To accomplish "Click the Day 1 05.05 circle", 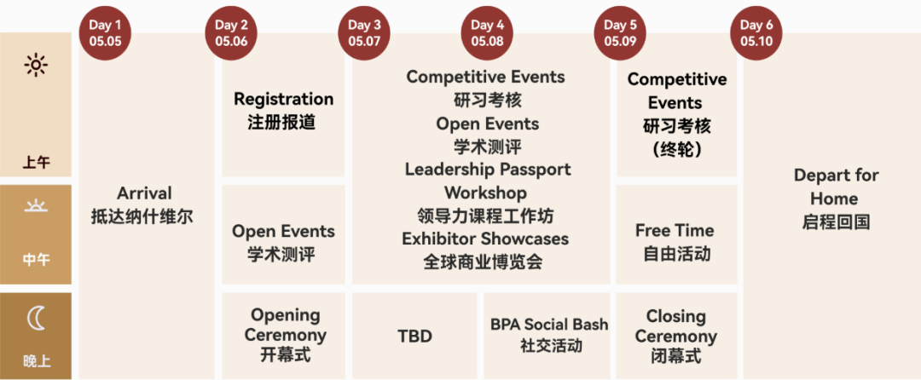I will tap(105, 33).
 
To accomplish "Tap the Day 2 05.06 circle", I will tap(232, 33).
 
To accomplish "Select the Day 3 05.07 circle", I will tap(364, 33).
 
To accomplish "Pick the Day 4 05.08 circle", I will tap(488, 33).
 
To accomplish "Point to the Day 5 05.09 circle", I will tap(620, 33).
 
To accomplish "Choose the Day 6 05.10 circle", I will tap(756, 33).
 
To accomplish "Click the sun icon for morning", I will tap(36, 65).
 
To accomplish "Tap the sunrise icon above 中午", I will tap(36, 206).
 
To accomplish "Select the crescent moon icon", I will tap(36, 319).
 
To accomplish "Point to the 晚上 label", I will tap(36, 361).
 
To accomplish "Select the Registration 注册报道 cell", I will tap(283, 111).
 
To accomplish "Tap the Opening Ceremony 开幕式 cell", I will tap(285, 336).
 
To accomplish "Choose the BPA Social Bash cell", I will tap(549, 335).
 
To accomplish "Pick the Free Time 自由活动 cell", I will tap(675, 242).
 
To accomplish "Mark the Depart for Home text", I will tap(836, 187).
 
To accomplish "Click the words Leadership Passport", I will tap(488, 170).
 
